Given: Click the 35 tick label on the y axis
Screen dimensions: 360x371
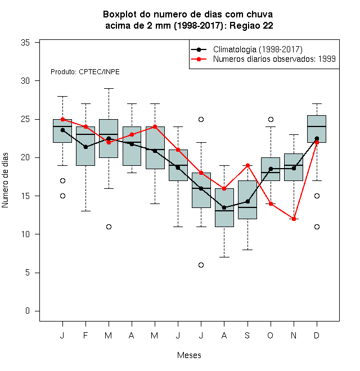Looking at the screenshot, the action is coord(25,43).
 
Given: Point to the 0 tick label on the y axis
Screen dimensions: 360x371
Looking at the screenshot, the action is coord(28,311).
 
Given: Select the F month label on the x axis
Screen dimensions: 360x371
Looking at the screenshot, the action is coord(85,335).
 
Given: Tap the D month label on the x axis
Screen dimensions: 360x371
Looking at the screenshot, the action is coord(317,335).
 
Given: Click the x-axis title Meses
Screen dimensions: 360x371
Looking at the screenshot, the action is coord(189,355).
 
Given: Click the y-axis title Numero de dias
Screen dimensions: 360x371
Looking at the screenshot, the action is coord(5,180).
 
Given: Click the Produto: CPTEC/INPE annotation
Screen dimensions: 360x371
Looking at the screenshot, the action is coord(85,72).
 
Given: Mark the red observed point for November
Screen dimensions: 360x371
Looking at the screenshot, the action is coord(294,219).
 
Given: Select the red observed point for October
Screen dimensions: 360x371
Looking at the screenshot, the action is coord(271,203).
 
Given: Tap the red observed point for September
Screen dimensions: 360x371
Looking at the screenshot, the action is coord(247,165).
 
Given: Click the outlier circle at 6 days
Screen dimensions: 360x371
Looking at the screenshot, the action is coord(201,265).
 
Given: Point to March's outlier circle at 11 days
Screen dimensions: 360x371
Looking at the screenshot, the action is coord(109,227).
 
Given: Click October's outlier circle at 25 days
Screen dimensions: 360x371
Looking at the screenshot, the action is coord(271,120).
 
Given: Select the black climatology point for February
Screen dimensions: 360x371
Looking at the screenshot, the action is coord(85,147).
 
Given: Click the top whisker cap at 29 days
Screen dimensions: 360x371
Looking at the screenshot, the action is coord(109,88).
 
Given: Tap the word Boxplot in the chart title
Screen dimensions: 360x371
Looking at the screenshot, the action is coord(120,15).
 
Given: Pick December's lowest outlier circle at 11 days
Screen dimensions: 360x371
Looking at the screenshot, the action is coord(317,227).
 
